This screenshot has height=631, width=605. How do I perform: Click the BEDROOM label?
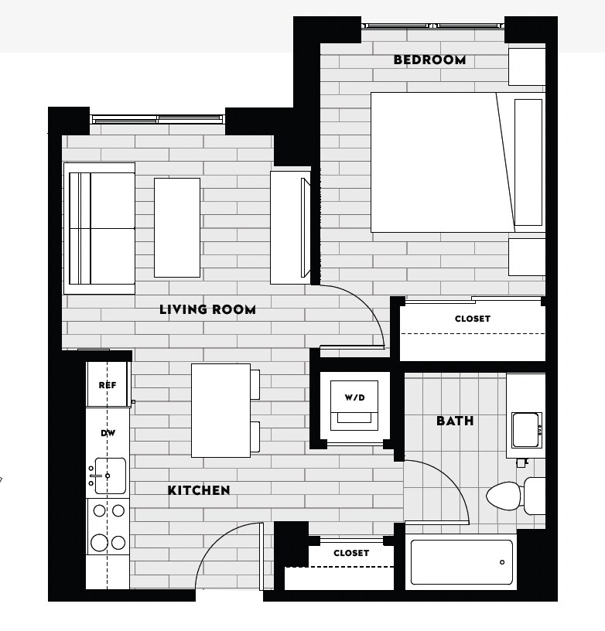point(429,60)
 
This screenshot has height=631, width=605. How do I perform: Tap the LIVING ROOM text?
point(207,309)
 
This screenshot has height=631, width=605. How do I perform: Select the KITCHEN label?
point(199,490)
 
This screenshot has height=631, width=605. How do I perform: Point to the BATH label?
point(455,421)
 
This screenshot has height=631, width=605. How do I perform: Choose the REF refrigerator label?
point(107,385)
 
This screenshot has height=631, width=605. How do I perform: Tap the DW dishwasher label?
point(108,434)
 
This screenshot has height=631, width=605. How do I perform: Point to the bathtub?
point(461,561)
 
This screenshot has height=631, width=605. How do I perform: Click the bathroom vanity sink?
point(525,429)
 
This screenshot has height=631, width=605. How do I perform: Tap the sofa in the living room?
point(101,228)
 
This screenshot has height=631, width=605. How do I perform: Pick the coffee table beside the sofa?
point(177,227)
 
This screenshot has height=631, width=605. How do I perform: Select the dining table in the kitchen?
point(220,410)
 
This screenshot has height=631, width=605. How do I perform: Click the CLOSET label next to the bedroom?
point(472,319)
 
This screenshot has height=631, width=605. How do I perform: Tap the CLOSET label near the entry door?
point(351,553)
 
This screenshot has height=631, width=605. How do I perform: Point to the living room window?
point(158,119)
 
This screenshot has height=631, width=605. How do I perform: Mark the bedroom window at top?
point(432,26)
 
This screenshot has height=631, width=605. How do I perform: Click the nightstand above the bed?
point(527,67)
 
